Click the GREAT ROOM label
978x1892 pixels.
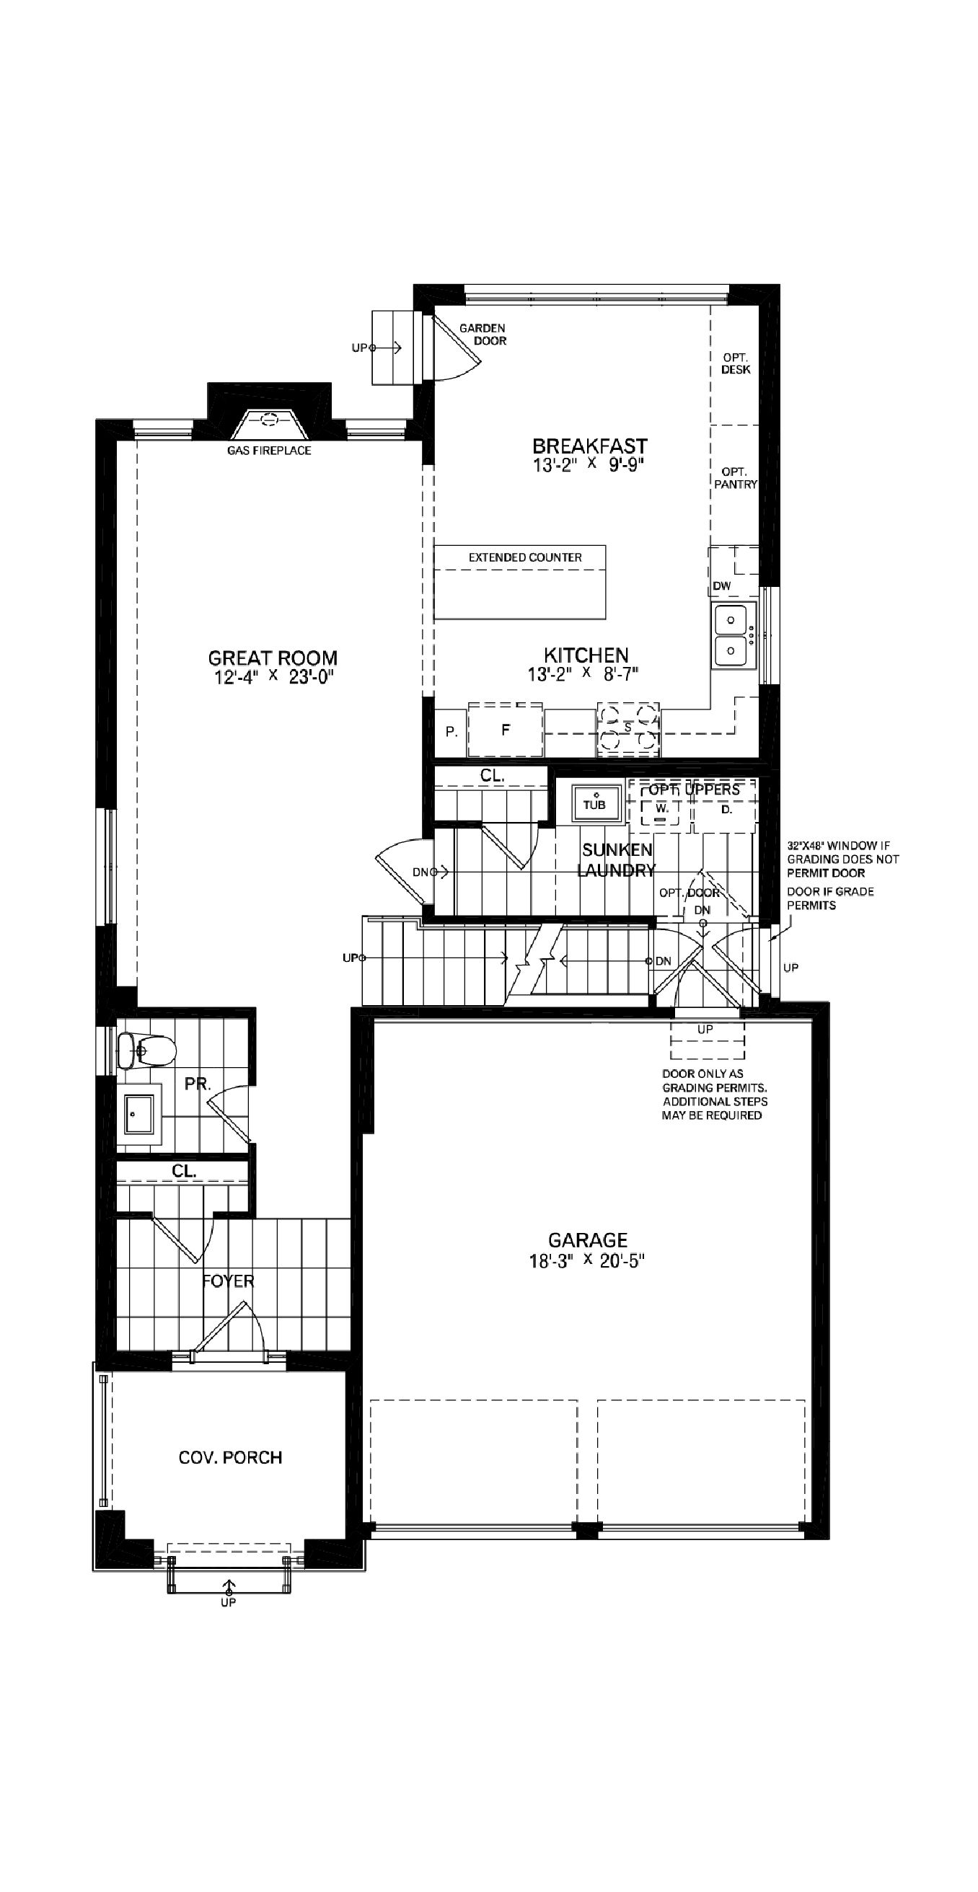click(x=273, y=658)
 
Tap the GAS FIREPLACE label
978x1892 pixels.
click(x=269, y=450)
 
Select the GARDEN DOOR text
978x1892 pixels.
click(x=483, y=334)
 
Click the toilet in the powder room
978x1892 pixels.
click(x=148, y=1051)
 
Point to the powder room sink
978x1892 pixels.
click(x=139, y=1115)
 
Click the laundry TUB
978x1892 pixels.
click(x=594, y=803)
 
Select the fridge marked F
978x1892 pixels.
click(x=506, y=730)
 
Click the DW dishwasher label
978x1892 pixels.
click(x=721, y=585)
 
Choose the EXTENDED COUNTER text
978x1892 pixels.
click(x=524, y=557)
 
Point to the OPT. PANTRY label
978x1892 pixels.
click(x=735, y=478)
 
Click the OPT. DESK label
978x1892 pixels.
click(x=735, y=363)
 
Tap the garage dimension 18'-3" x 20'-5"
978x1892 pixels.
click(x=587, y=1261)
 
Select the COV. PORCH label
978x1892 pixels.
click(x=230, y=1458)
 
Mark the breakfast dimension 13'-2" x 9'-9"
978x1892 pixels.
click(x=589, y=465)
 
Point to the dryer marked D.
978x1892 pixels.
click(x=726, y=810)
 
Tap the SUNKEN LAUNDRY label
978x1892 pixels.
click(x=617, y=860)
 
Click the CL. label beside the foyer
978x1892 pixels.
click(x=184, y=1172)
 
